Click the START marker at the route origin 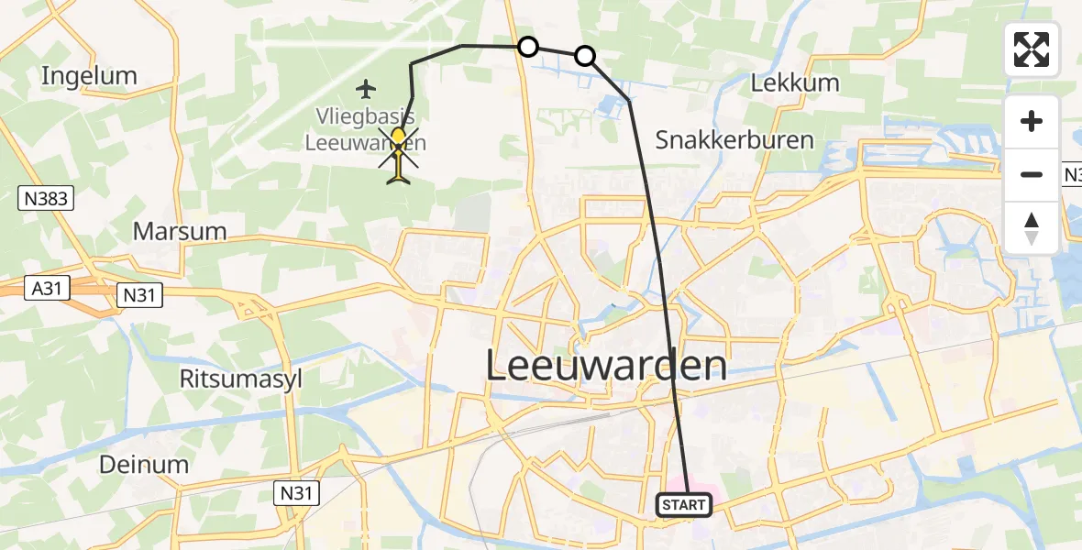point(684,505)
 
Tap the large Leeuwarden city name point(605,367)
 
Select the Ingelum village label point(89,76)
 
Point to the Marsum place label point(180,231)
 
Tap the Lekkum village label point(795,82)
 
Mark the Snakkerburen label point(734,140)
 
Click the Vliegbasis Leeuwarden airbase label point(360,129)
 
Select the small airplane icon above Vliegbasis point(367,89)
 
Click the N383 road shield point(45,197)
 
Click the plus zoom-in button point(1032,121)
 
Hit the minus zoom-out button point(1032,174)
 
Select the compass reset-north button point(1032,227)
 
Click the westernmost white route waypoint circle point(528,46)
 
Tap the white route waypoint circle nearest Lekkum point(585,57)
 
